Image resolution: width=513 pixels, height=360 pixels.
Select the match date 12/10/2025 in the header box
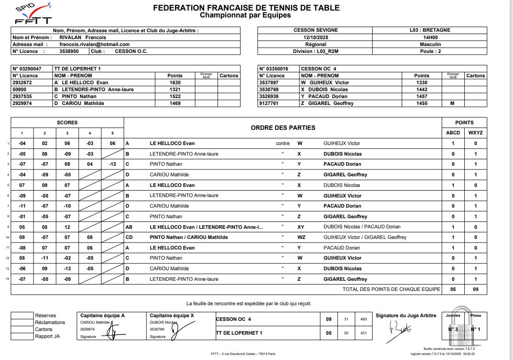pyautogui.click(x=315, y=37)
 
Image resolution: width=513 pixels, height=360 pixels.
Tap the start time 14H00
pyautogui.click(x=430, y=37)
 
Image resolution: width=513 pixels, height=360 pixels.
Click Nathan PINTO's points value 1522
pyautogui.click(x=175, y=96)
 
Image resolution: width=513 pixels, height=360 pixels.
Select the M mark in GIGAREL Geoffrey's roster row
pyautogui.click(x=453, y=104)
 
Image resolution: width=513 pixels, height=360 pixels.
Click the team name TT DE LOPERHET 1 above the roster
pyautogui.click(x=77, y=69)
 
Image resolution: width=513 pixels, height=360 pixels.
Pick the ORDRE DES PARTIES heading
pyautogui.click(x=283, y=128)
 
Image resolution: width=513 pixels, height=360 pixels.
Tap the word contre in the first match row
pyautogui.click(x=282, y=143)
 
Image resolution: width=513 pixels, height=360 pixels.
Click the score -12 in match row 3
pyautogui.click(x=113, y=164)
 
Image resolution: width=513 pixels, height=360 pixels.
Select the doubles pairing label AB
pyautogui.click(x=129, y=227)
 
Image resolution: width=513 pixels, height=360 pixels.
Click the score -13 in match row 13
pyautogui.click(x=67, y=268)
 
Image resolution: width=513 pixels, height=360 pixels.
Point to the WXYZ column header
pyautogui.click(x=476, y=133)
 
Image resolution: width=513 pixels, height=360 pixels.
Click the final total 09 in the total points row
pyautogui.click(x=476, y=289)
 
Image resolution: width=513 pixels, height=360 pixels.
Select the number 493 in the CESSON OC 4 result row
pyautogui.click(x=363, y=319)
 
